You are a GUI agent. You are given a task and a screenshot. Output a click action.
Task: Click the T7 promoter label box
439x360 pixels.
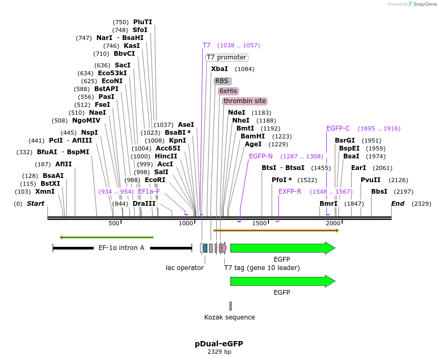click(x=226, y=57)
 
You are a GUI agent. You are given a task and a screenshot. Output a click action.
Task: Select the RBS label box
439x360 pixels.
click(x=222, y=81)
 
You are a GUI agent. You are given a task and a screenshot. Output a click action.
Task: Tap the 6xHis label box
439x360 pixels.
click(x=228, y=91)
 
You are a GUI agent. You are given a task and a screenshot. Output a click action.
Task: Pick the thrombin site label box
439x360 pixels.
click(x=244, y=101)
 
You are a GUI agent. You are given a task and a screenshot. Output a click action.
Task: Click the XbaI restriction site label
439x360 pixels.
click(x=219, y=69)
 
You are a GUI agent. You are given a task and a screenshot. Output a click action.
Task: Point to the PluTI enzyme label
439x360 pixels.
click(x=143, y=22)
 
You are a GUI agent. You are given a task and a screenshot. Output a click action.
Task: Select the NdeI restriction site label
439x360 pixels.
click(x=236, y=113)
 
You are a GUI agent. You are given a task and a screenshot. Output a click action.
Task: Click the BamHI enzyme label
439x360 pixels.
click(x=253, y=136)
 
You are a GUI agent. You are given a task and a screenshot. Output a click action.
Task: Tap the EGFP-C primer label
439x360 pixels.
click(x=338, y=128)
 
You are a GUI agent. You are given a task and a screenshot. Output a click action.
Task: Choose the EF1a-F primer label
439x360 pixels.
click(x=149, y=192)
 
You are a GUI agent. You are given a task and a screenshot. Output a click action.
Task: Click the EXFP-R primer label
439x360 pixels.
click(x=290, y=192)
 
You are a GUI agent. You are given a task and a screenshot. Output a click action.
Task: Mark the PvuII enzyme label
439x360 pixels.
click(x=371, y=180)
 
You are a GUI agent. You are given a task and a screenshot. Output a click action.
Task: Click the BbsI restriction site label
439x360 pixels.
click(x=379, y=192)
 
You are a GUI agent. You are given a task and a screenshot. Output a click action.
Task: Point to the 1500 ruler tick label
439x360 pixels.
click(x=261, y=224)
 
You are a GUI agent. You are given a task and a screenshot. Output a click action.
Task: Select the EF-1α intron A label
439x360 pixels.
click(x=121, y=247)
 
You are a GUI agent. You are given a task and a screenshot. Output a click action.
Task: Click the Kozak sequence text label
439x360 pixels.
click(x=230, y=317)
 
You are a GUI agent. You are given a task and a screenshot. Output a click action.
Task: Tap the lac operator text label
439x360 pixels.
click(x=185, y=268)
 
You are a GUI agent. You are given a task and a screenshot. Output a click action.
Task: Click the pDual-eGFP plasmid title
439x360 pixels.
click(x=219, y=344)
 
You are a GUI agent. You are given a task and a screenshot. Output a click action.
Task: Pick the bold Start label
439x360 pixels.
click(x=35, y=204)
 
